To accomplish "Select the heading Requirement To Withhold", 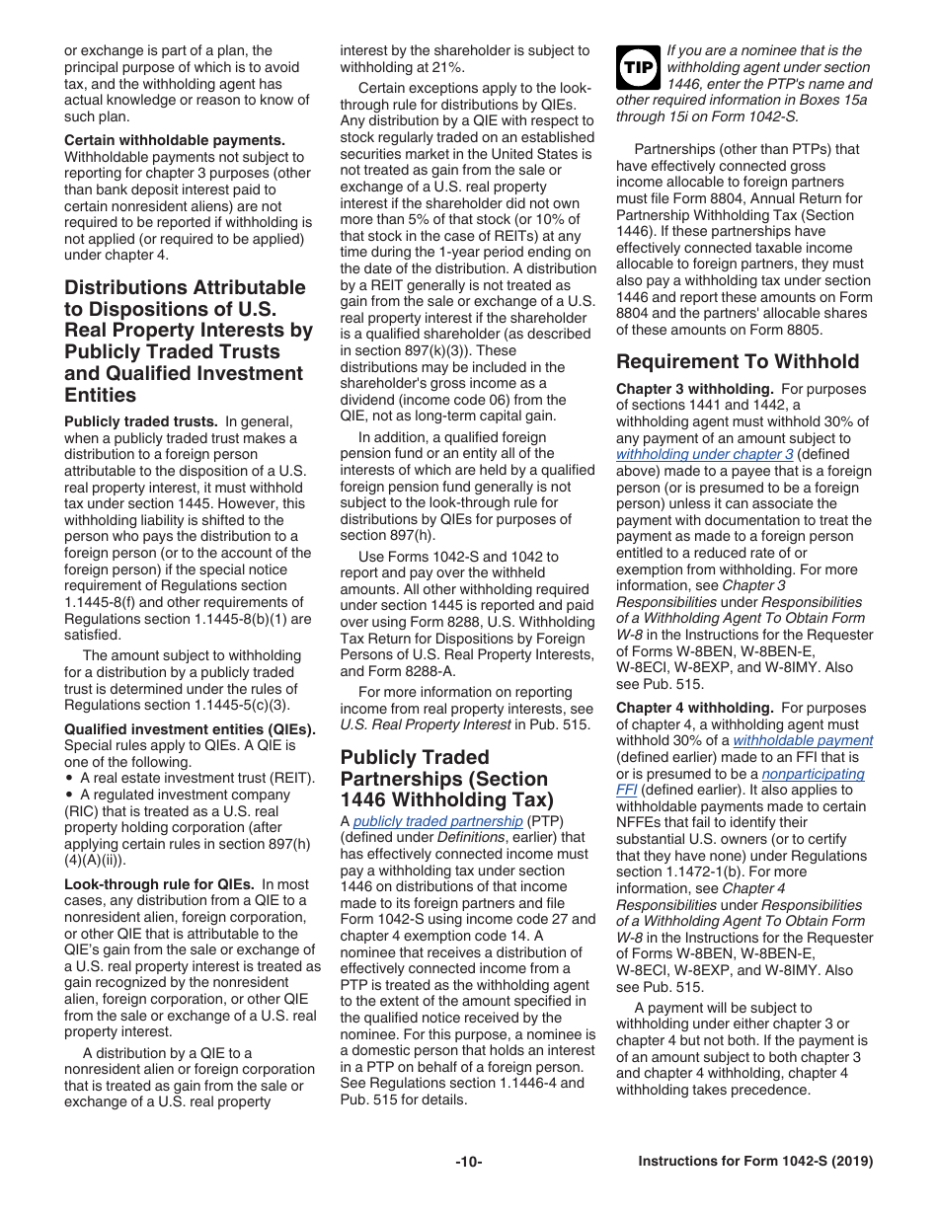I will (738, 361).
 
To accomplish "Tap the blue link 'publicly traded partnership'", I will (437, 821).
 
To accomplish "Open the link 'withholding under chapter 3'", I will (704, 455).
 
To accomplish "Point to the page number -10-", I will (468, 1162).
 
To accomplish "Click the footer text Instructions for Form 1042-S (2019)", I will (755, 1162).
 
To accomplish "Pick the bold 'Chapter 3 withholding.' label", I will (694, 389).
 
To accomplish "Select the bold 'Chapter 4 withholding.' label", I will (694, 708).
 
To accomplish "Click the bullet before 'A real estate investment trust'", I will (69, 778).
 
